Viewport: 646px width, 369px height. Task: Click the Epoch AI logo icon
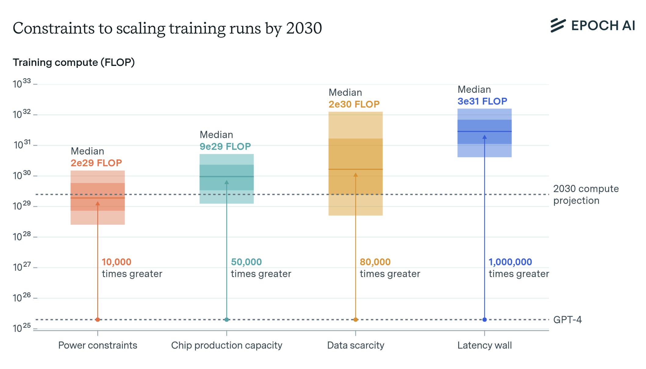[558, 25]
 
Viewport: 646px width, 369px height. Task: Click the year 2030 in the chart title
[304, 28]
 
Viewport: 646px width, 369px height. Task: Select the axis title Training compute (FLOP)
[74, 62]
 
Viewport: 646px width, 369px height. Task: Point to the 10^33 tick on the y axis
[22, 83]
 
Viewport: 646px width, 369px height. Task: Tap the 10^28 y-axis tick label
[22, 236]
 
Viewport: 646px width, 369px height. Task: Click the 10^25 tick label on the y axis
[22, 328]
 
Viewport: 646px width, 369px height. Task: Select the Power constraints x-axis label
[98, 345]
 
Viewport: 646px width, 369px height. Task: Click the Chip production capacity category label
[227, 345]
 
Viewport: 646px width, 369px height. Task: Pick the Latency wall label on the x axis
[484, 345]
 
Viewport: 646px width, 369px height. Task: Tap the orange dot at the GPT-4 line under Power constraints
[98, 320]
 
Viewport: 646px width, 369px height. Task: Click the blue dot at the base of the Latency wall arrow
[484, 320]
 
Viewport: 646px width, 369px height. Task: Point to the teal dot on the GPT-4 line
[227, 320]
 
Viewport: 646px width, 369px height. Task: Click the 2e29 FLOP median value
[96, 163]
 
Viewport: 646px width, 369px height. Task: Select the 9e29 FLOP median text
[225, 146]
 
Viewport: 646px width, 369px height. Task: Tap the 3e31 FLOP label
[482, 101]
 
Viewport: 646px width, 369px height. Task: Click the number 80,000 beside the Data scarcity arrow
[375, 262]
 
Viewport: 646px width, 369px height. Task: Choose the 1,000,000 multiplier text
[510, 262]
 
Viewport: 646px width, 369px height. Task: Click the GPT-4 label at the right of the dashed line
[567, 320]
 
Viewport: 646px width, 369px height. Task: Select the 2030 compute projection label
[586, 195]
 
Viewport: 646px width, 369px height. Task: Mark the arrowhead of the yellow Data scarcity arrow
[355, 175]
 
